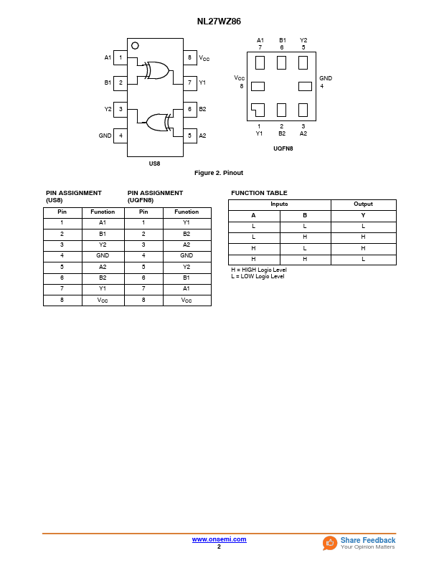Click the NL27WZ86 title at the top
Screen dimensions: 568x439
[x=219, y=22]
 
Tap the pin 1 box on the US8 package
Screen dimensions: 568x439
[x=121, y=57]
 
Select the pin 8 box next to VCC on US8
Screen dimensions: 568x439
[x=189, y=57]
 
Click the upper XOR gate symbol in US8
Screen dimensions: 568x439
[x=157, y=70]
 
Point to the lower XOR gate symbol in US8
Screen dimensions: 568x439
[x=156, y=122]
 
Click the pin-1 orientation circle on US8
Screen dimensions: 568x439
[x=135, y=46]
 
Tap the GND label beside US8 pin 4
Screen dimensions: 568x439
[x=105, y=136]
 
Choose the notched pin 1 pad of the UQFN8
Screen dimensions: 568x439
[x=258, y=110]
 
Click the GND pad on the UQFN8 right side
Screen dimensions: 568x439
[x=305, y=86]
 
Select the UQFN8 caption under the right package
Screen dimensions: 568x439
[x=283, y=148]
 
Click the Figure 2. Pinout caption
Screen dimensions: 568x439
[x=219, y=173]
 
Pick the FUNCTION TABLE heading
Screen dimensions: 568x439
[x=259, y=193]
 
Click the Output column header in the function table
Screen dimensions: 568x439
[x=363, y=204]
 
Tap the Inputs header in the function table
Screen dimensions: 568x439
[x=279, y=204]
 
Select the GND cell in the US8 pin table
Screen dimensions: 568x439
[x=103, y=255]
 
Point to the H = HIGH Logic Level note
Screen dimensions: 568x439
[x=258, y=270]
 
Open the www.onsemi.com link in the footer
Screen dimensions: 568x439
[x=219, y=539]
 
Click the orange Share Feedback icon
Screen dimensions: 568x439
[x=330, y=543]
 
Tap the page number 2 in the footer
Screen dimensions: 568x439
[x=219, y=546]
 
